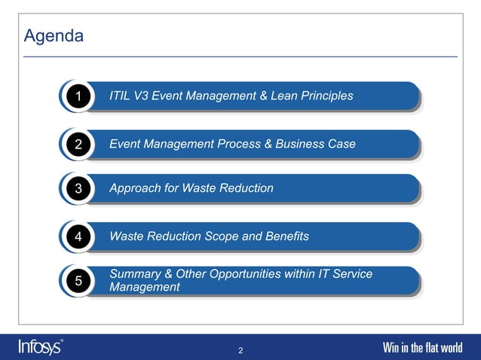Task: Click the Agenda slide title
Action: (54, 36)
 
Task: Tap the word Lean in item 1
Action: (290, 96)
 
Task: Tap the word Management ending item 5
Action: (145, 287)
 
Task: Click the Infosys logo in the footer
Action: (41, 346)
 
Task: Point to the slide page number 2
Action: (240, 350)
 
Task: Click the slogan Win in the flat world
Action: (422, 348)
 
